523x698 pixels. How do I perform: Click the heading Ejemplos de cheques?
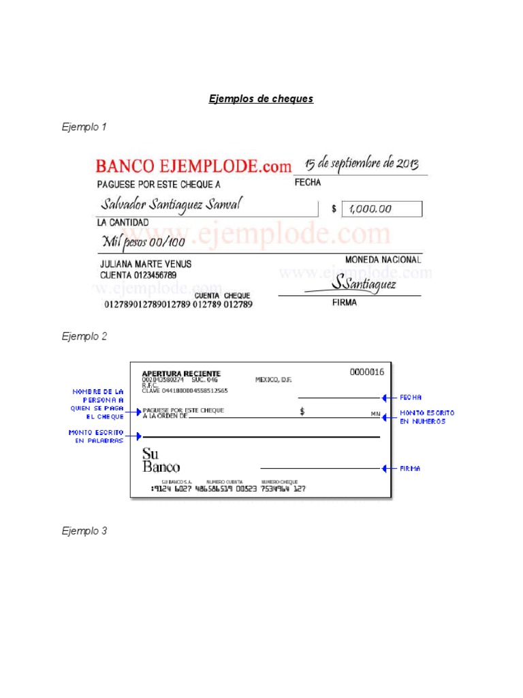click(x=261, y=99)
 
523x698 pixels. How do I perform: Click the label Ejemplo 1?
click(x=84, y=127)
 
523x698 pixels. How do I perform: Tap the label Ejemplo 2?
click(x=84, y=336)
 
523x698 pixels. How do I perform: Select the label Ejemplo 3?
click(x=84, y=531)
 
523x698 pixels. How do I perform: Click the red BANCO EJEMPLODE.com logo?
click(x=193, y=166)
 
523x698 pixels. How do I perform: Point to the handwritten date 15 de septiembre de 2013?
click(x=361, y=164)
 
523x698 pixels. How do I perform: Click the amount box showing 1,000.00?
click(x=381, y=209)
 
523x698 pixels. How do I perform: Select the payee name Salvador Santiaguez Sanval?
click(x=170, y=204)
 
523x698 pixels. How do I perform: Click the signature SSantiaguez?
click(x=364, y=284)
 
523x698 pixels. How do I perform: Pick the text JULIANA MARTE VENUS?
click(x=146, y=264)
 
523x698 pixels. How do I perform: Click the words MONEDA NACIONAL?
click(x=383, y=260)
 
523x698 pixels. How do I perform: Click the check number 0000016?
click(x=367, y=371)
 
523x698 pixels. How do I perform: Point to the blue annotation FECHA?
click(x=411, y=397)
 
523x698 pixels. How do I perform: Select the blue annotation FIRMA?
click(x=411, y=469)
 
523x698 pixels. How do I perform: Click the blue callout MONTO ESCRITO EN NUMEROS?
click(x=427, y=417)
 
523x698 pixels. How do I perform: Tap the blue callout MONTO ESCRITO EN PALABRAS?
click(x=96, y=436)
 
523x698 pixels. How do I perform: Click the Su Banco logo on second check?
click(x=161, y=461)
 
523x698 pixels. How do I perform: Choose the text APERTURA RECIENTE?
click(x=181, y=374)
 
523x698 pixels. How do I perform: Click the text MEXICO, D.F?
click(x=273, y=380)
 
